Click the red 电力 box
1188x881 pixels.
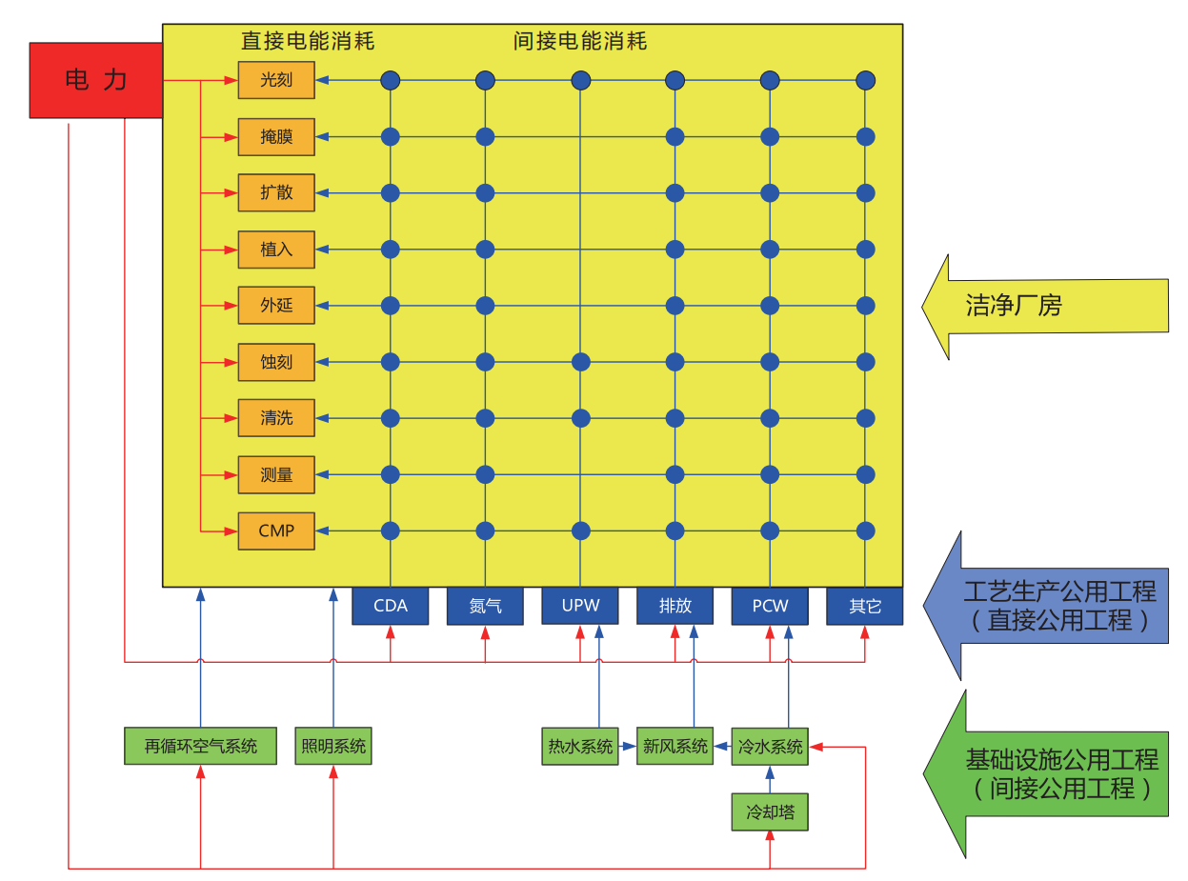point(95,80)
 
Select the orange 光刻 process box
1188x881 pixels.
point(276,80)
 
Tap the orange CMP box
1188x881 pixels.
point(276,531)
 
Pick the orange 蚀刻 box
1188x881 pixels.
point(276,362)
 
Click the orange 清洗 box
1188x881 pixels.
point(276,418)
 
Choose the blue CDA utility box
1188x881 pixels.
point(390,606)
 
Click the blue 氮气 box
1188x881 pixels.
point(485,606)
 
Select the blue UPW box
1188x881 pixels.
point(580,606)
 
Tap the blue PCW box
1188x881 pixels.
point(770,606)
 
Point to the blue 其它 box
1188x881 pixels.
point(864,606)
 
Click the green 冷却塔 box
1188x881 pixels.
point(770,814)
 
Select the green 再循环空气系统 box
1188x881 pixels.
point(200,746)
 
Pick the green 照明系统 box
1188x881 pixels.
point(332,746)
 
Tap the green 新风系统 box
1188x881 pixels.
point(675,746)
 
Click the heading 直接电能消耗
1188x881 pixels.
point(307,41)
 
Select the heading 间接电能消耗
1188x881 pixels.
point(579,41)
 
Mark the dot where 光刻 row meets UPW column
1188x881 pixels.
point(580,80)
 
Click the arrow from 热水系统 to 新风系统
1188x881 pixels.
point(628,747)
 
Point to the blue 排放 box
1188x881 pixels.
point(675,606)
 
